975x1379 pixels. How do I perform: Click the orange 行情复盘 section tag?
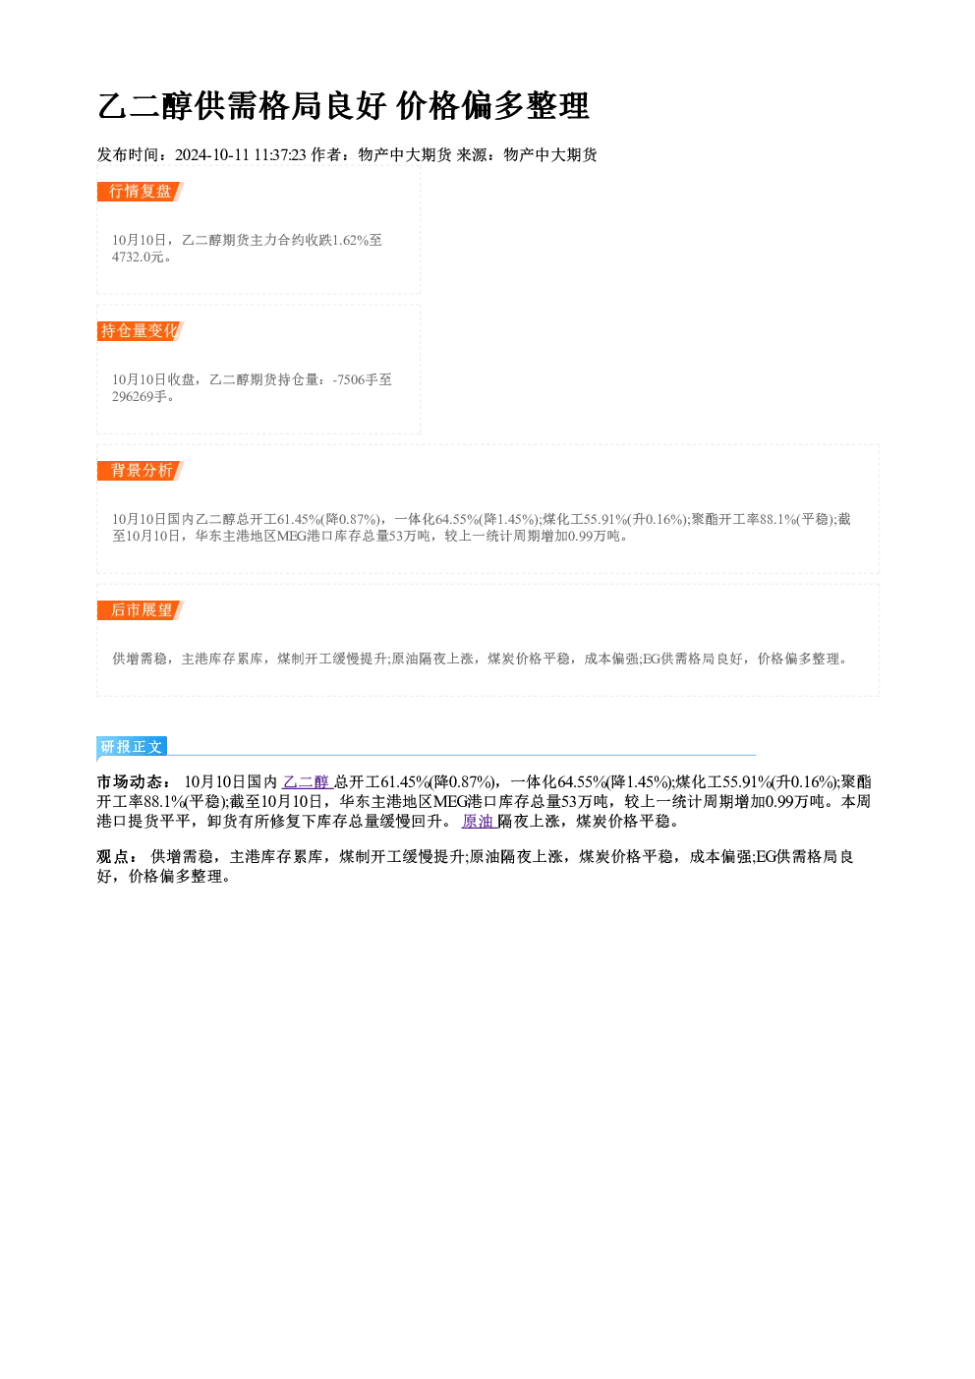tap(141, 192)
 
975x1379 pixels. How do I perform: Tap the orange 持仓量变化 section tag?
tap(141, 331)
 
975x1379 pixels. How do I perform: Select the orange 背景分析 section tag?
tap(141, 471)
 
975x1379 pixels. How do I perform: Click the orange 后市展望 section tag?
tap(141, 610)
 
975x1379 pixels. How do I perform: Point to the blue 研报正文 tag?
tap(132, 747)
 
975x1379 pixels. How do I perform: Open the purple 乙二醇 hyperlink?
tap(308, 782)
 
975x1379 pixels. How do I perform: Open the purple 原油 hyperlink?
tap(479, 822)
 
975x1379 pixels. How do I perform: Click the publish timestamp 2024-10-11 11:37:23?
tap(241, 155)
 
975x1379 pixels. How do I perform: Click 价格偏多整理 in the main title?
tap(493, 106)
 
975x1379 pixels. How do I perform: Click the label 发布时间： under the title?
tap(136, 155)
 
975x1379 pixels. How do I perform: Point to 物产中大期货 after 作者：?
tap(405, 155)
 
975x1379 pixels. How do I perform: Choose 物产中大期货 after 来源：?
tap(550, 155)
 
